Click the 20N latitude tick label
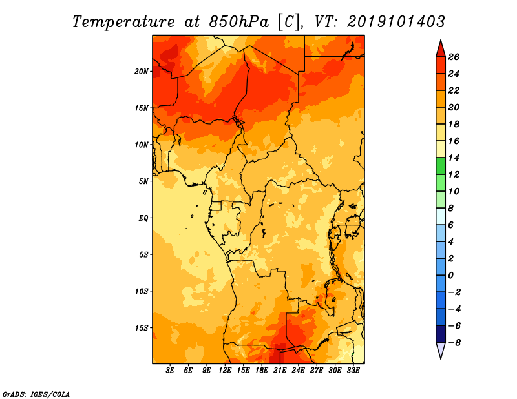pos(142,72)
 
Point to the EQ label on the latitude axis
pos(143,218)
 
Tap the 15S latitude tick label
pos(142,328)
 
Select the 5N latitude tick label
pos(143,181)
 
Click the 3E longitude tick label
pos(170,371)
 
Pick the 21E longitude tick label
pos(280,371)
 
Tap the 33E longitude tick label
pos(353,371)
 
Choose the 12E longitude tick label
pos(225,371)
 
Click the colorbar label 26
pos(454,57)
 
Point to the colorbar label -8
pos(454,343)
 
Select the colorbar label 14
pos(454,158)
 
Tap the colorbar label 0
pos(451,276)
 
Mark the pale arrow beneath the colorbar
pos(441,349)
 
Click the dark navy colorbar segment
pos(441,334)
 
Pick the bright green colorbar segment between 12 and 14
pos(441,167)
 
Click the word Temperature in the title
pos(123,22)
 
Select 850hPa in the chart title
pos(239,22)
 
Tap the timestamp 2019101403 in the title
pos(396,22)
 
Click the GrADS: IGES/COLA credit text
pos(36,394)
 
